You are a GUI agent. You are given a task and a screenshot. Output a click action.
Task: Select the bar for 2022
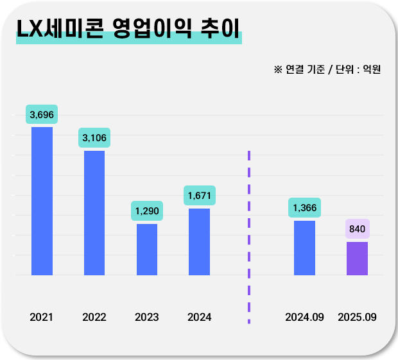tap(94, 212)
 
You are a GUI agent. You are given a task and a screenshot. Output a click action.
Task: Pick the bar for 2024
tap(199, 241)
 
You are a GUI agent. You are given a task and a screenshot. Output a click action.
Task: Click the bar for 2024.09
tap(304, 248)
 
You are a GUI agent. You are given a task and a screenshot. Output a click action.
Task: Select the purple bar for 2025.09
tap(357, 258)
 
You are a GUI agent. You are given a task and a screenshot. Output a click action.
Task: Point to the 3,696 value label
tap(42, 115)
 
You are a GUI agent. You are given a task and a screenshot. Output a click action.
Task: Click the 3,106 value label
tap(95, 138)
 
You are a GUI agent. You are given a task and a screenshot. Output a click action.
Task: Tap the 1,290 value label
tap(147, 211)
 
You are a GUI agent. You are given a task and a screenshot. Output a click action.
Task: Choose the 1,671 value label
tap(199, 195)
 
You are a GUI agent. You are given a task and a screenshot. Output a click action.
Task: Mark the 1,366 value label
tap(304, 208)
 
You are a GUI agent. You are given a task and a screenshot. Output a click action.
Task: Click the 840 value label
tap(357, 229)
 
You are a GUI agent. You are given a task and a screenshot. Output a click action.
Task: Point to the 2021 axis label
tap(42, 317)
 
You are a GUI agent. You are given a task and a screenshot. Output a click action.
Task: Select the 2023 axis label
tap(147, 317)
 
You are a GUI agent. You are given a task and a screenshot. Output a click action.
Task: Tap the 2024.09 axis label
tap(304, 317)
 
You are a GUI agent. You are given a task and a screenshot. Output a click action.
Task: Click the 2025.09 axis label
tap(357, 317)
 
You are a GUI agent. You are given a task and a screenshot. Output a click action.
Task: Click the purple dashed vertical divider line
tap(249, 237)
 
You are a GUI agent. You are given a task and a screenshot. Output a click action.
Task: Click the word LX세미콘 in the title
tap(60, 28)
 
